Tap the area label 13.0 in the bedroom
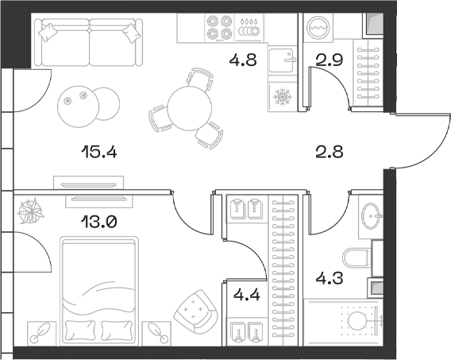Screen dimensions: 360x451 [x=99, y=223]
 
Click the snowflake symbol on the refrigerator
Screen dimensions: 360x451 [x=283, y=99]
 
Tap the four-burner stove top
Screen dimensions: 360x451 [x=219, y=29]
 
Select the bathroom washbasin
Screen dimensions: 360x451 [x=370, y=215]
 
